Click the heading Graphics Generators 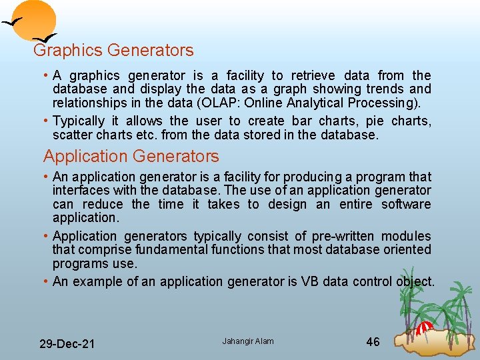tap(113, 50)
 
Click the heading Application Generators tap(131, 157)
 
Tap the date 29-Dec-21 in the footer tap(67, 344)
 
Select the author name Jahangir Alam tap(248, 342)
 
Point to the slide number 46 tap(373, 342)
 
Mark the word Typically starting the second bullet tap(79, 121)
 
